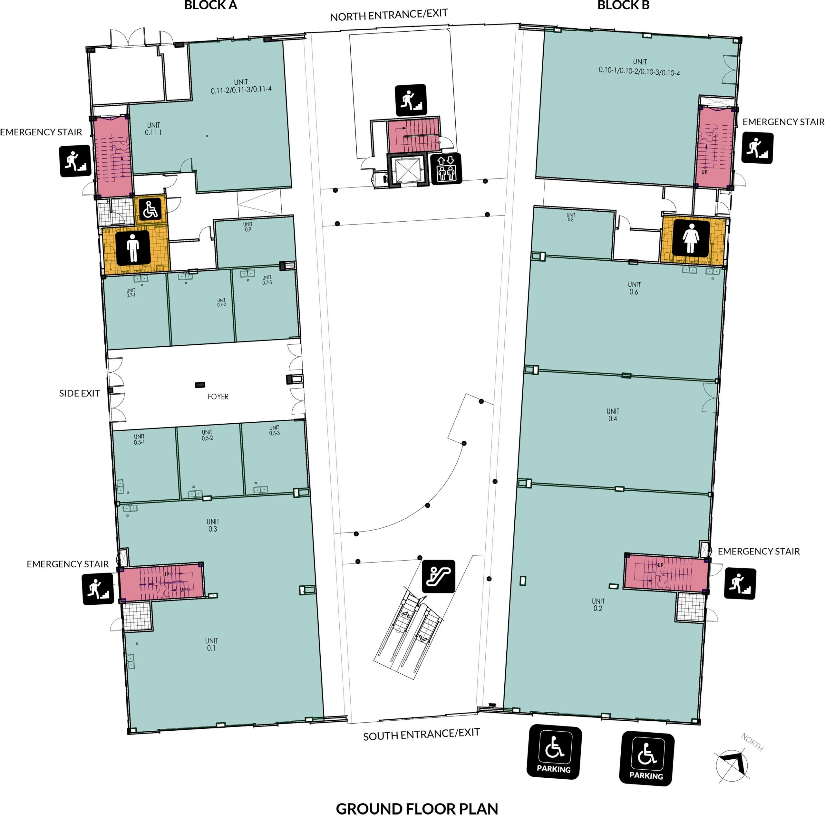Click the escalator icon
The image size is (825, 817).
439,576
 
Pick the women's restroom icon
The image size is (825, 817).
691,239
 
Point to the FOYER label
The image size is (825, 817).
218,397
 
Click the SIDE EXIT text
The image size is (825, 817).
79,393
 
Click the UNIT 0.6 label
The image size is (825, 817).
634,288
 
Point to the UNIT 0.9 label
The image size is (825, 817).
248,227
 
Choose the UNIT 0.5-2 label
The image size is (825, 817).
208,435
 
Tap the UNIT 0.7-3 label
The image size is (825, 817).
267,280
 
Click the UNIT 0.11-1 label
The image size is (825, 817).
153,129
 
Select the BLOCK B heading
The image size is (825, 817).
624,5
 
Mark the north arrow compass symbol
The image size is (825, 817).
732,764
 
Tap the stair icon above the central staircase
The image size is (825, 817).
411,100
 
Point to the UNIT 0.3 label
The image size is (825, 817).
213,525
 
